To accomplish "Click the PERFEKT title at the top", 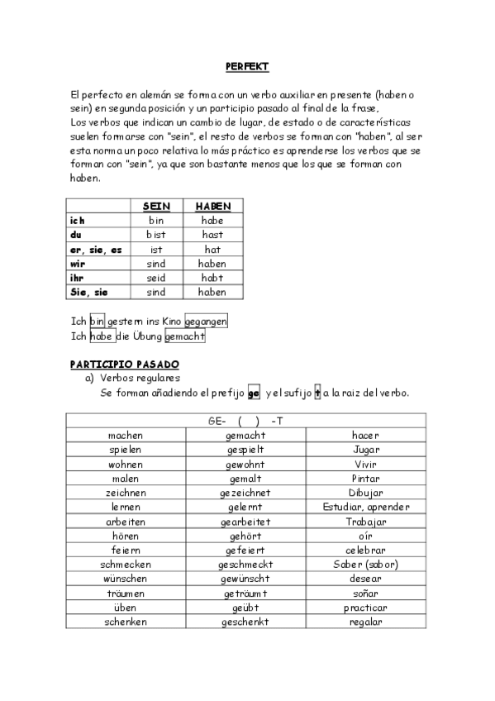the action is coord(247,66).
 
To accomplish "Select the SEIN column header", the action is coord(156,206).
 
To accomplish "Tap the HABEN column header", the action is coord(212,206).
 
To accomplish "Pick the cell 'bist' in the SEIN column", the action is coord(156,235).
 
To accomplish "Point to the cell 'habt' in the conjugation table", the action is coord(212,278).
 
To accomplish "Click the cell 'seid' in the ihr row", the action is coord(156,278).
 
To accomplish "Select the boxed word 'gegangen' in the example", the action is coord(206,321).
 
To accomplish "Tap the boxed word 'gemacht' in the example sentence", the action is coord(184,336).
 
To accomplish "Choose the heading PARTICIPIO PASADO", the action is coord(124,364).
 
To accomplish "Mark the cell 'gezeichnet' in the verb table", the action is coord(245,493).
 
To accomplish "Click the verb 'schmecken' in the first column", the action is coord(125,565).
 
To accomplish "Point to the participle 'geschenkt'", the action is coord(245,622).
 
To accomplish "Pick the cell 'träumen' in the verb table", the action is coord(125,594).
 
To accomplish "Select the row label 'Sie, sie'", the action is coord(88,292).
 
